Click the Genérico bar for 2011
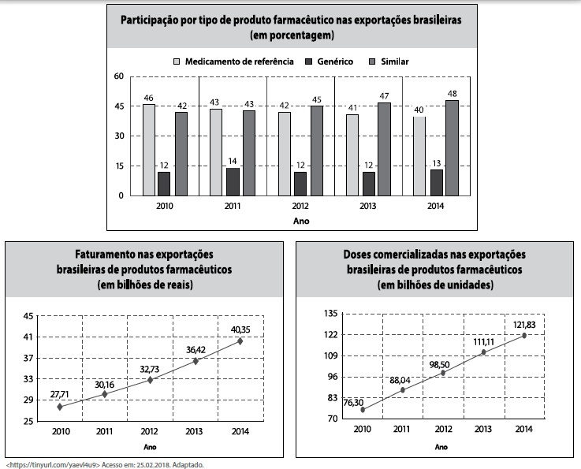233,181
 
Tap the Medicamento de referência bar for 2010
149,150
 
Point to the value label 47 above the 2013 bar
384,95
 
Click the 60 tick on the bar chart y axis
119,76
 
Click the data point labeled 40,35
240,341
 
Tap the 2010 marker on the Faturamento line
60,406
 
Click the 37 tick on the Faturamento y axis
28,358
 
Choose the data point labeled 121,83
523,335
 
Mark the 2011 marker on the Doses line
403,389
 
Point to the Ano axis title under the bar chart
300,221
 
